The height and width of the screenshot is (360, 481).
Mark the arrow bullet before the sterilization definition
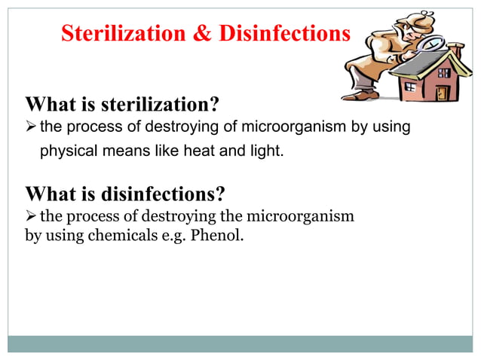[32, 127]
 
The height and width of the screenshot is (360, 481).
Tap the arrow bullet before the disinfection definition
[32, 217]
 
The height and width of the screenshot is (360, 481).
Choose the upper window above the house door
[444, 73]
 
